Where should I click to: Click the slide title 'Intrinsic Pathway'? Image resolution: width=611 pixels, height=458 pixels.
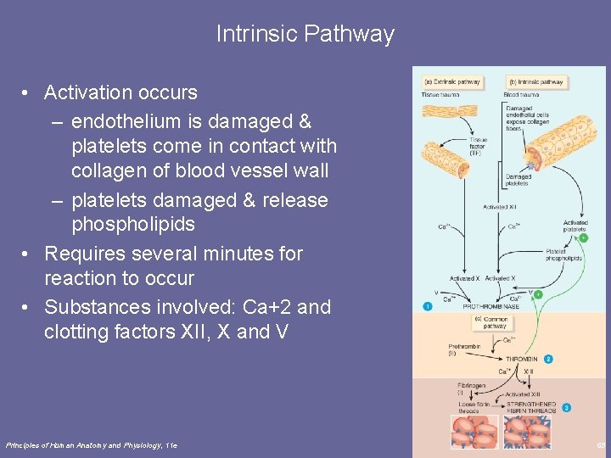pyautogui.click(x=305, y=34)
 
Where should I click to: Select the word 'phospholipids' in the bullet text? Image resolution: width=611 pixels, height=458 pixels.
pyautogui.click(x=133, y=225)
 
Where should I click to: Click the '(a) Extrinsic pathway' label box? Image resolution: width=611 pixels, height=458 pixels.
pyautogui.click(x=452, y=82)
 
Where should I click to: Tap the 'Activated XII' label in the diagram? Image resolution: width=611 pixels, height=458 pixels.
pyautogui.click(x=501, y=206)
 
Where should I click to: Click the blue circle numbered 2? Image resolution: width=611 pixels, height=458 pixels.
pyautogui.click(x=548, y=360)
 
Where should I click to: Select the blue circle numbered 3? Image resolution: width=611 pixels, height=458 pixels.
pyautogui.click(x=566, y=407)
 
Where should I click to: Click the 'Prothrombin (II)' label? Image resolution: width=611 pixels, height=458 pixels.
pyautogui.click(x=463, y=349)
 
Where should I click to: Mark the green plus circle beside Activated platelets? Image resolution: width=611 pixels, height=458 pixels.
pyautogui.click(x=583, y=237)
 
